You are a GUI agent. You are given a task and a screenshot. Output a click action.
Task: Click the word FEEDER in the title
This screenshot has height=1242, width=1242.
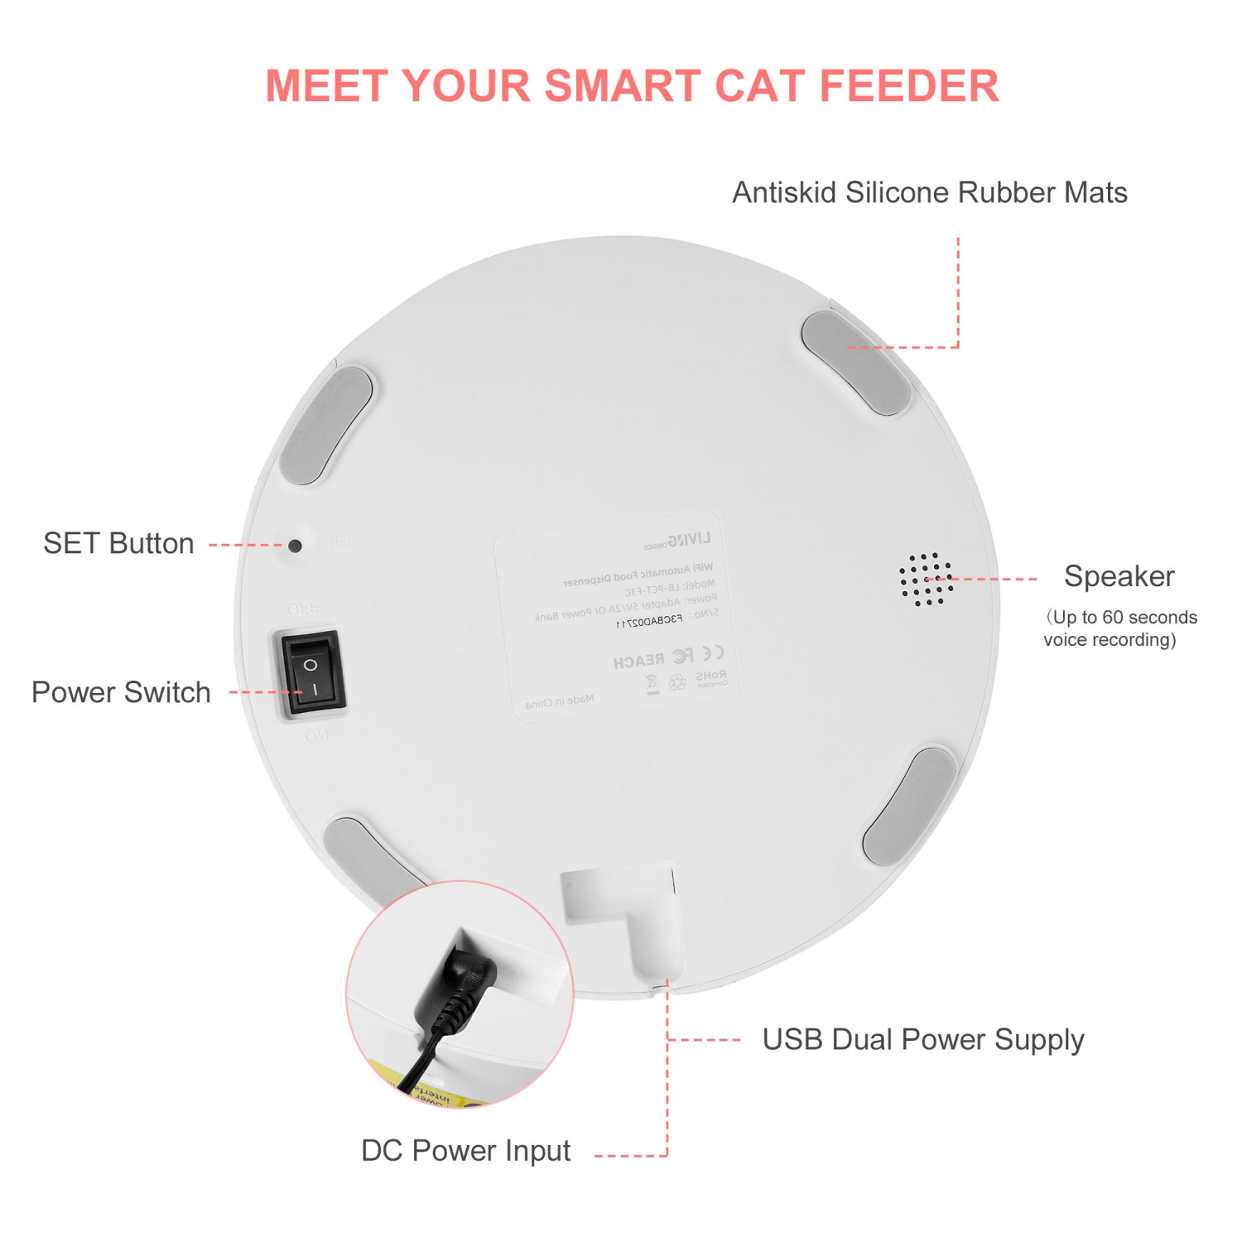click(909, 86)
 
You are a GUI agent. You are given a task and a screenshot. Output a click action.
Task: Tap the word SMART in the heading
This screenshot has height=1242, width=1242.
click(620, 86)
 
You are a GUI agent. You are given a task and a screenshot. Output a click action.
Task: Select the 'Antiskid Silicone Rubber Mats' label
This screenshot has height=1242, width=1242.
click(929, 193)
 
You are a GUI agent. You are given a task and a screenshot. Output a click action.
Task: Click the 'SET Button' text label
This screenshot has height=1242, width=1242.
click(118, 544)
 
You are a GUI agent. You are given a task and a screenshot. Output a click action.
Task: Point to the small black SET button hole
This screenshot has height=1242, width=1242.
click(295, 546)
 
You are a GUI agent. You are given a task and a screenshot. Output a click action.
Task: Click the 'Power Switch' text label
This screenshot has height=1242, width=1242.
click(121, 692)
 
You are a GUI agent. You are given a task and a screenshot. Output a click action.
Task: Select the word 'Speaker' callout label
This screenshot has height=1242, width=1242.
click(1119, 576)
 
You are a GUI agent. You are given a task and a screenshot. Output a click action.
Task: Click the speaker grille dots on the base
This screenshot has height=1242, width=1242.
click(925, 579)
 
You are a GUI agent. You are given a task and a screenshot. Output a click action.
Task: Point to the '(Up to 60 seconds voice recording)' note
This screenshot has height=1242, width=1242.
click(1119, 628)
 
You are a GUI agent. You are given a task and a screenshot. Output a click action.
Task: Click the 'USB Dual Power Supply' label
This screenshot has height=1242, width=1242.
click(922, 1040)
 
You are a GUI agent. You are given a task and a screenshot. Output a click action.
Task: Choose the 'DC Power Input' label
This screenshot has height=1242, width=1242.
click(465, 1151)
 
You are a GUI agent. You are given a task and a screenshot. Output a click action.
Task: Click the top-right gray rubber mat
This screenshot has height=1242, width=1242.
click(856, 363)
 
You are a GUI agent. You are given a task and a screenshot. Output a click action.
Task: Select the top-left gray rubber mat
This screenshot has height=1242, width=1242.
click(326, 425)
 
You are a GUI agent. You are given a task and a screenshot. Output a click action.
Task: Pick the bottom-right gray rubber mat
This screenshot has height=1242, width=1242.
click(910, 806)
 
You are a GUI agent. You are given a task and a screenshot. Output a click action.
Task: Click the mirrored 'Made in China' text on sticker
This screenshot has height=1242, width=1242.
click(560, 702)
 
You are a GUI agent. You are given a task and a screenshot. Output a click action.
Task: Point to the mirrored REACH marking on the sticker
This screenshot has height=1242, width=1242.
click(638, 661)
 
